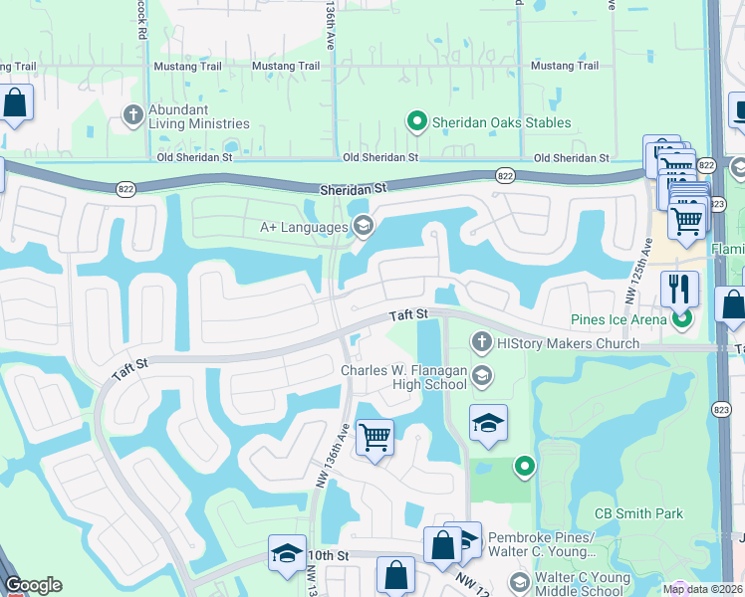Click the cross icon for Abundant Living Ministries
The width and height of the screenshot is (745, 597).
tap(132, 114)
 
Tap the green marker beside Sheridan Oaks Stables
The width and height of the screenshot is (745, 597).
tap(416, 122)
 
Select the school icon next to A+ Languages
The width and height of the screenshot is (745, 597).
tap(363, 227)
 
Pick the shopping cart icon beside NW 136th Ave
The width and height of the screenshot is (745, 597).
tap(374, 436)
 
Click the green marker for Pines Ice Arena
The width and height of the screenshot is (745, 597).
tap(681, 320)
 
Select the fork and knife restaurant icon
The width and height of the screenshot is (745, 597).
tap(679, 290)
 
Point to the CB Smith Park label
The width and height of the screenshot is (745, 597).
tap(638, 513)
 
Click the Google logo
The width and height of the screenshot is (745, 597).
tap(33, 585)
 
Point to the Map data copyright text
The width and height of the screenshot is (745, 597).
tap(703, 589)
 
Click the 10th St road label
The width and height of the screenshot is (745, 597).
tap(329, 554)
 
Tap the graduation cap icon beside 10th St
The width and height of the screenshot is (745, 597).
tap(287, 553)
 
